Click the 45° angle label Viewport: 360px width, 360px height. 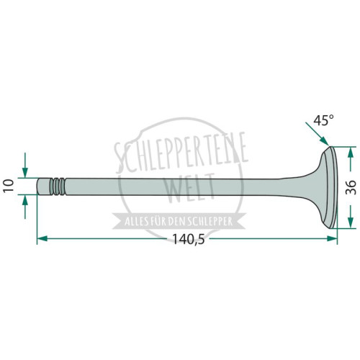pos(324,120)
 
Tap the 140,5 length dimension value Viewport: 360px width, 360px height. pos(189,239)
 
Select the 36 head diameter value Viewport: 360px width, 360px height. pos(351,187)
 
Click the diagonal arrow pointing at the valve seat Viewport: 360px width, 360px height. pos(317,134)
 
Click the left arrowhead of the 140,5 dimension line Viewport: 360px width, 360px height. pos(42,238)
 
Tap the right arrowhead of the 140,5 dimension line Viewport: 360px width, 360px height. pos(332,238)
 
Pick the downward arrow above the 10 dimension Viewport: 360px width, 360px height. pos(25,165)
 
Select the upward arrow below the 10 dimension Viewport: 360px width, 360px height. pos(25,207)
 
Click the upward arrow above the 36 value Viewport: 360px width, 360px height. pos(351,161)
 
